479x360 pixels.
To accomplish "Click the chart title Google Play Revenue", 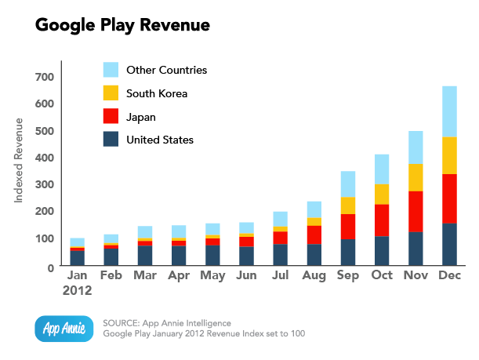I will coord(122,25).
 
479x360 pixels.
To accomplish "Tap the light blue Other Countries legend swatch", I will coord(111,70).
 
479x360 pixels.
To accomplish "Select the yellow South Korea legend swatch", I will coord(111,93).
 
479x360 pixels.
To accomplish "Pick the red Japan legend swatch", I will coord(111,117).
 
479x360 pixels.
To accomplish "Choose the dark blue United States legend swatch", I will coord(111,140).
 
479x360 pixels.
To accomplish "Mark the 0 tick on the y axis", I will coord(49,267).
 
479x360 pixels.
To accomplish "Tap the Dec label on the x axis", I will coord(449,277).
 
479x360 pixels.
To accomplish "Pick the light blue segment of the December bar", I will coord(449,111).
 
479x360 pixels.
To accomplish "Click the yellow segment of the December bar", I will coord(449,155).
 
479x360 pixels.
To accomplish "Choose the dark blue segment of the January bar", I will coord(77,257).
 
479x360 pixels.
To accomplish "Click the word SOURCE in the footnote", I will coord(122,322).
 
